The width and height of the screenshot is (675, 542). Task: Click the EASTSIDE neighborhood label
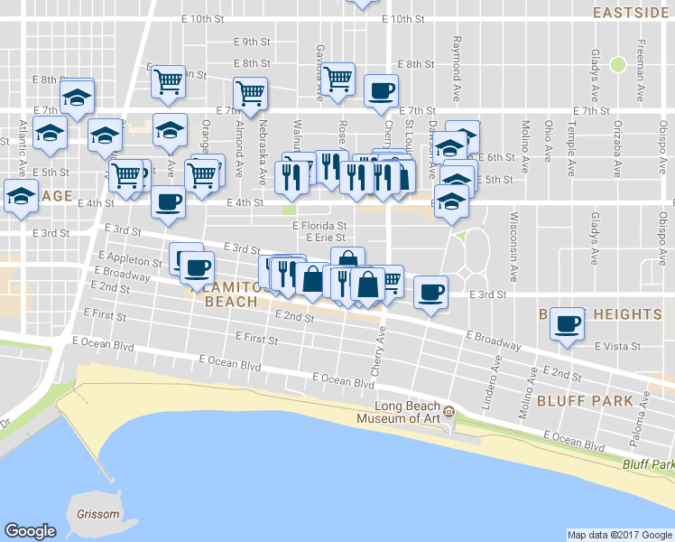point(633,13)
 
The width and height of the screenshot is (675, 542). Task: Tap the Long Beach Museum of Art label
point(402,412)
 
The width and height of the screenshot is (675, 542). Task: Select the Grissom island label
point(97,515)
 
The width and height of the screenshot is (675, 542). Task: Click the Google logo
point(30,531)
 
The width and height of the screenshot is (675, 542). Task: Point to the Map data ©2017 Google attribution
point(619,535)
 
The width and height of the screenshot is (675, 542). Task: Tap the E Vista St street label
point(617,346)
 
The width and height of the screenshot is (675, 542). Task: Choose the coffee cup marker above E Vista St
point(568,324)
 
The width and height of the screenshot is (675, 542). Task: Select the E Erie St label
point(326,238)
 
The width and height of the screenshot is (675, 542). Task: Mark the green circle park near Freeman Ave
point(618,64)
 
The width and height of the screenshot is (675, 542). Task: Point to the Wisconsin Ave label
point(513,234)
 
